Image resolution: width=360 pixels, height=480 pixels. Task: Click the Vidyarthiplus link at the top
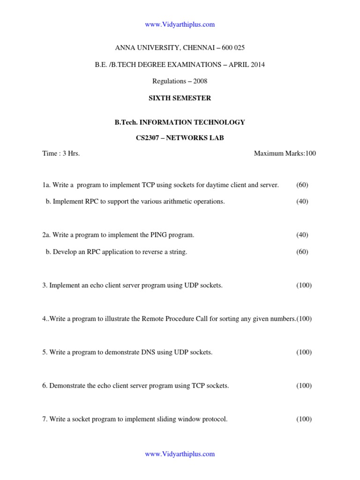(x=180, y=24)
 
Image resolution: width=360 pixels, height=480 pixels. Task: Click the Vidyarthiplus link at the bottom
(x=180, y=454)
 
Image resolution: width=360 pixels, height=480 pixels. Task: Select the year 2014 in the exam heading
(x=257, y=65)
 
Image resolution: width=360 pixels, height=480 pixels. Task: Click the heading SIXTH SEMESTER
(x=180, y=98)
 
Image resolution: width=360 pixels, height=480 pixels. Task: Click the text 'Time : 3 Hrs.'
(x=61, y=153)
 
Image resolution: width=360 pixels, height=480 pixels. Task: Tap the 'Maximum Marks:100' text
(x=285, y=153)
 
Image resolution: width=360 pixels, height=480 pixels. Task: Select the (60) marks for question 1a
(x=302, y=185)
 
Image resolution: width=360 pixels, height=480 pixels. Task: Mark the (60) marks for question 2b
(x=302, y=252)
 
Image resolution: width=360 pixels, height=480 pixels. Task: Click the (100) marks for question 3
(x=304, y=285)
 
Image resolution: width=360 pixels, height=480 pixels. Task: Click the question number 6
(x=45, y=386)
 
